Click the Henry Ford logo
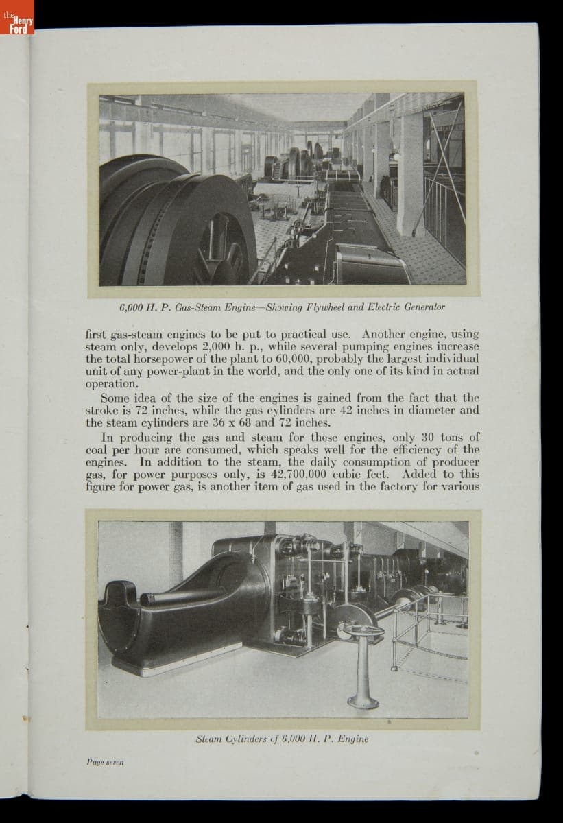(x=17, y=23)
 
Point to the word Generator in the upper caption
(x=422, y=307)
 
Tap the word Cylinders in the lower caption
(x=239, y=739)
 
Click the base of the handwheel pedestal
(x=363, y=701)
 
